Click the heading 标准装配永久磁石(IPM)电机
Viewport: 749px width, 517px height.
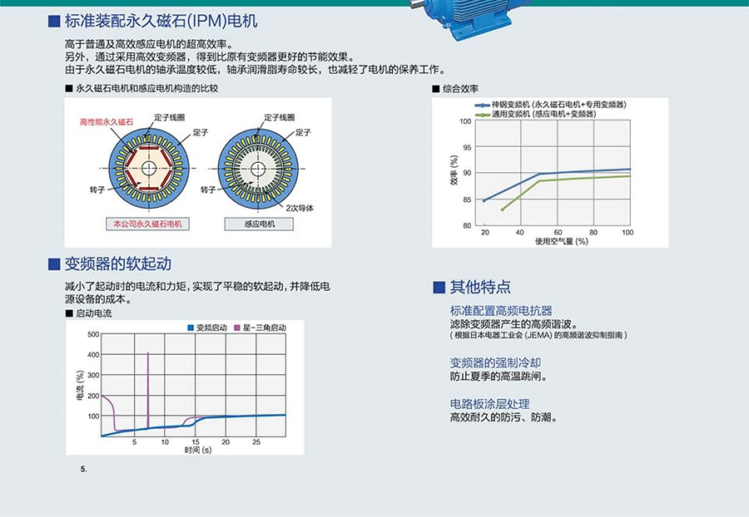(161, 21)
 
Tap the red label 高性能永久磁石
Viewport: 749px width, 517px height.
(106, 122)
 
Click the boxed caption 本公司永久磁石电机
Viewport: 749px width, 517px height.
(147, 224)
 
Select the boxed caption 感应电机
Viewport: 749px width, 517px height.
(259, 224)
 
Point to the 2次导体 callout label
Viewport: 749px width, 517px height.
(300, 208)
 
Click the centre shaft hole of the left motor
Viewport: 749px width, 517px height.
(149, 169)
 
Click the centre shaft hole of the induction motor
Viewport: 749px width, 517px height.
(259, 169)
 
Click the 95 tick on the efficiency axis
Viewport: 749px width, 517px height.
(466, 147)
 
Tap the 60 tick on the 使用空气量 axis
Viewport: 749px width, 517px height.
(558, 232)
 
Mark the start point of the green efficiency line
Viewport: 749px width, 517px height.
(503, 209)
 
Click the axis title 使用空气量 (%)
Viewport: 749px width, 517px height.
(561, 241)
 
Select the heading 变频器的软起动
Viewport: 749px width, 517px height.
(117, 263)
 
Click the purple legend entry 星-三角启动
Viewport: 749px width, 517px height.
(260, 327)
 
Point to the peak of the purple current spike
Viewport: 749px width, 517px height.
(148, 353)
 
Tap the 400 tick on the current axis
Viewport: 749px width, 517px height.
(93, 355)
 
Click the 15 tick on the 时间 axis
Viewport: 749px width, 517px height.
(196, 442)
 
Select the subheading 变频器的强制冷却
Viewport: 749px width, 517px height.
(495, 362)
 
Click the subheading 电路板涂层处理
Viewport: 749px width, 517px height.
(489, 404)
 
